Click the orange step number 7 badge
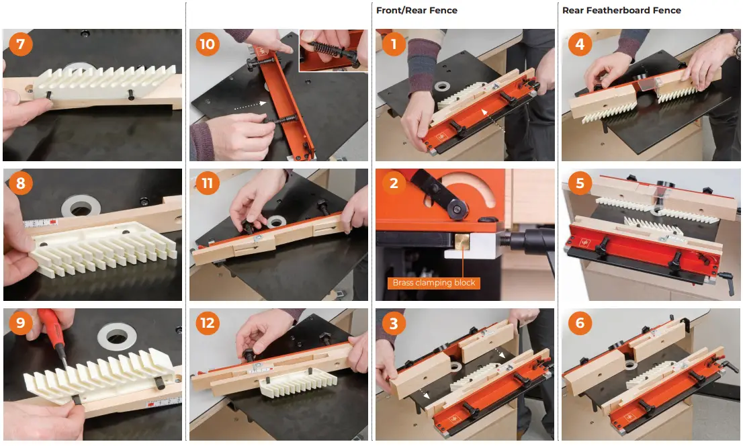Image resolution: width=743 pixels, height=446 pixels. [x=20, y=44]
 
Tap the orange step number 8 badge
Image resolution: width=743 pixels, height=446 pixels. [x=20, y=183]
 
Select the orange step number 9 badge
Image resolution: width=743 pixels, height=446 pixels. [x=20, y=324]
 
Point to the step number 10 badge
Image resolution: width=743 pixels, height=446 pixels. [x=207, y=44]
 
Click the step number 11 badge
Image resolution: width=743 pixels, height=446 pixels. [x=207, y=183]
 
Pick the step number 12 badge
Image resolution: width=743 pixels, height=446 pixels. [x=207, y=324]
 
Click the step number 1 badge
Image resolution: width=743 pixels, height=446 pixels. [x=393, y=44]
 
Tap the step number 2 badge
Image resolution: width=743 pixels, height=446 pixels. [x=393, y=183]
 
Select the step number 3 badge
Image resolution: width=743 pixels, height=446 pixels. [x=393, y=324]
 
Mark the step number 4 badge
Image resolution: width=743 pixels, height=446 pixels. [x=579, y=44]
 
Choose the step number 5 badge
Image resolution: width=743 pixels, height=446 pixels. [x=579, y=183]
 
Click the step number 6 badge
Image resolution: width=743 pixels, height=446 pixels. [x=579, y=324]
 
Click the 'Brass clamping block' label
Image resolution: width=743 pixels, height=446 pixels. [x=433, y=283]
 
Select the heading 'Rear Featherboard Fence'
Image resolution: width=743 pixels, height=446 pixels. [x=621, y=10]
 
